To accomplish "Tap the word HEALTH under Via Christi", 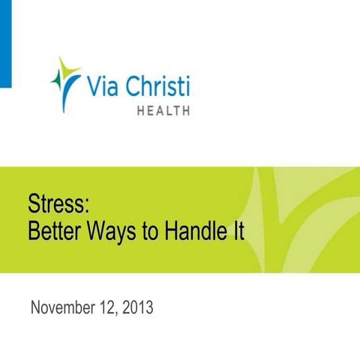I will (x=163, y=110).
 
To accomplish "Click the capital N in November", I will (x=35, y=307).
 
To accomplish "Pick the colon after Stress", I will (x=87, y=205).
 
